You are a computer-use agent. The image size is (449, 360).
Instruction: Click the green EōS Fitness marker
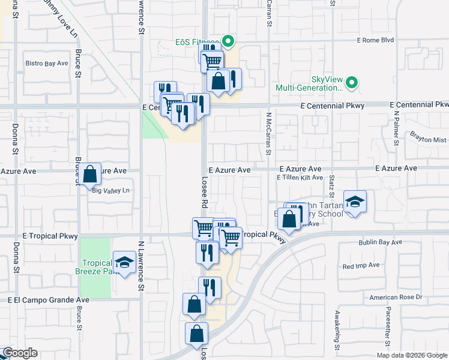tap(228, 41)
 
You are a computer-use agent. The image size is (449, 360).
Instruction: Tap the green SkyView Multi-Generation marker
tap(352, 83)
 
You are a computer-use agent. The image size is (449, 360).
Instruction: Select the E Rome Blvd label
tap(375, 41)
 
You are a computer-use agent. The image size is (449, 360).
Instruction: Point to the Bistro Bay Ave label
tap(47, 62)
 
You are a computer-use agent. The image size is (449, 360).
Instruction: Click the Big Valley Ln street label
tap(111, 191)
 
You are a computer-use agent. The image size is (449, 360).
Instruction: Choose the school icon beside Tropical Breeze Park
tap(124, 263)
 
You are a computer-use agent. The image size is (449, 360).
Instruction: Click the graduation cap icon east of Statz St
tap(355, 202)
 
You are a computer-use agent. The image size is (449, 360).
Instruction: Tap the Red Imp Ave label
tap(361, 265)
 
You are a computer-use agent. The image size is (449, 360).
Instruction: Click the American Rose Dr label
tap(396, 297)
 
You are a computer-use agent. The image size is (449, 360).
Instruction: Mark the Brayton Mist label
tap(429, 139)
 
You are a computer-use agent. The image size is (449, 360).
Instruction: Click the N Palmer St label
tap(396, 128)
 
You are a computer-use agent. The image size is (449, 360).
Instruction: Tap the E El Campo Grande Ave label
tap(49, 299)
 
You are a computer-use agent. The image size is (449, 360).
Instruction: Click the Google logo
tap(20, 353)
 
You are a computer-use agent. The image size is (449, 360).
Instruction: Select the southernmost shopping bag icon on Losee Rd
tap(196, 335)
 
